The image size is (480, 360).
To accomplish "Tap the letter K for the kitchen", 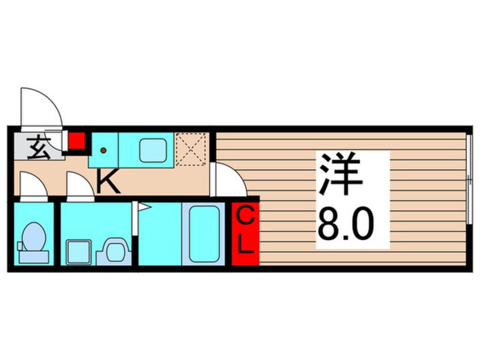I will tap(107, 183).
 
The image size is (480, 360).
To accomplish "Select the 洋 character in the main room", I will tap(340, 174).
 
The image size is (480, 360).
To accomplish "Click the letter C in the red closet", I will tap(245, 217).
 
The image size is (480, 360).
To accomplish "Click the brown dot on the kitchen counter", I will tap(103, 150).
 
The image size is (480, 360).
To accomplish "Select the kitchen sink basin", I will tap(153, 150).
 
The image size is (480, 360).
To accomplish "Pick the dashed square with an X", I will tap(191, 149).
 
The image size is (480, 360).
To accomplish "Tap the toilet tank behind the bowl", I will tap(33, 256).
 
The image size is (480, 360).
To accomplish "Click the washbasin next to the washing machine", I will tap(114, 250).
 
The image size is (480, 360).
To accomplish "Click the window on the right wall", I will tap(469, 179).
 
